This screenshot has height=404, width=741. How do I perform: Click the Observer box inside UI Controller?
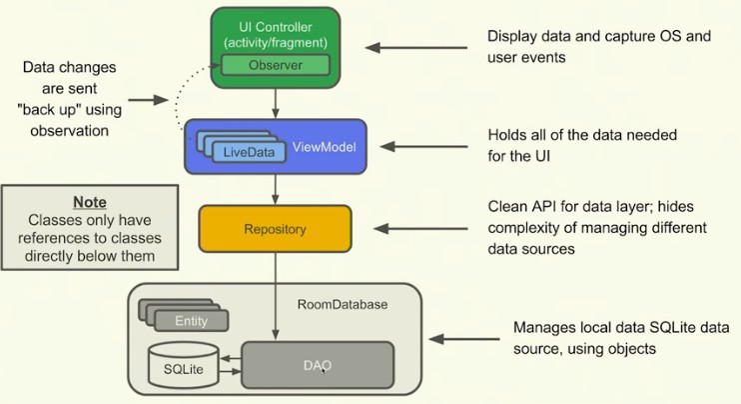click(276, 65)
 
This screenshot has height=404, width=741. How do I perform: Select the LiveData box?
click(249, 152)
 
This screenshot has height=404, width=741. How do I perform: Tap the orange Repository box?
click(275, 229)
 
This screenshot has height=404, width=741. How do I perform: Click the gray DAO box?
click(318, 365)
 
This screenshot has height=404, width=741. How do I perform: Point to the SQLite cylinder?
click(184, 366)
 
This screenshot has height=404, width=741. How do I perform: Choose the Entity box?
click(192, 321)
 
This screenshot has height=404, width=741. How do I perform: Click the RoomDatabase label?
click(343, 304)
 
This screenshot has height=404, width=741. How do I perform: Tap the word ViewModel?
click(325, 147)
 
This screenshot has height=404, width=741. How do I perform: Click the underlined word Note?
click(90, 202)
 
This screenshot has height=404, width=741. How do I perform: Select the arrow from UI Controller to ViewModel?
click(276, 103)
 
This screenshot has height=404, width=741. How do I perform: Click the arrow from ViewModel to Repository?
click(276, 189)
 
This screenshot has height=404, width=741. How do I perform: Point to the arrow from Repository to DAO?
click(276, 296)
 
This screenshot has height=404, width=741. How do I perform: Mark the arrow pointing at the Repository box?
click(420, 229)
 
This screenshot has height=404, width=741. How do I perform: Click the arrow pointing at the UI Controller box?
click(415, 47)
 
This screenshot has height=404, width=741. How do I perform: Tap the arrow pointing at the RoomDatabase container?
click(463, 339)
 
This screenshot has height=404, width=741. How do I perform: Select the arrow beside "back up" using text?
click(148, 100)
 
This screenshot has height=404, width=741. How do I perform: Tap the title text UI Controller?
click(276, 27)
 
